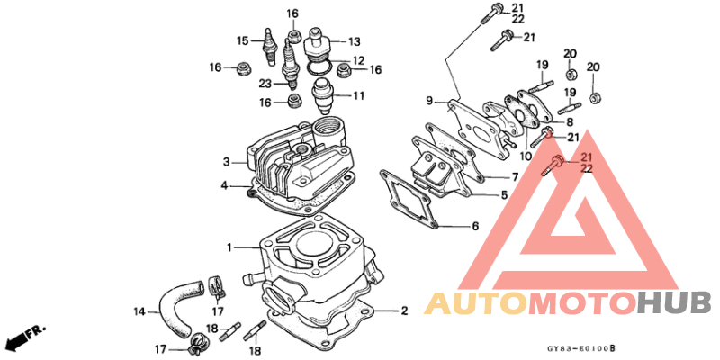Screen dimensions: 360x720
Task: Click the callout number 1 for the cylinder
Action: (x=230, y=247)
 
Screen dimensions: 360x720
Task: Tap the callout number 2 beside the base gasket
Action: (x=405, y=310)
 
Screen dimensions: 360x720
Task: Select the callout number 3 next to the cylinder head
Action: (x=228, y=162)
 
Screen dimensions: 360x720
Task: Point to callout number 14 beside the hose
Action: (x=139, y=312)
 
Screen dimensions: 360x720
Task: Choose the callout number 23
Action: (x=265, y=84)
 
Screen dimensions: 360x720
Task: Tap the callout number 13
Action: (x=354, y=41)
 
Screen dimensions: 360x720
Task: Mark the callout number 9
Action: (x=430, y=100)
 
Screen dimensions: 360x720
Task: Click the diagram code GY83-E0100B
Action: (x=584, y=346)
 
